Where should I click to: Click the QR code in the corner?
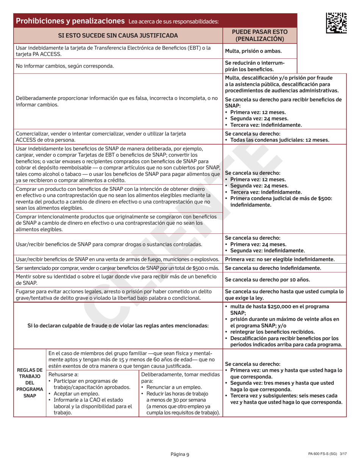coord(336,22)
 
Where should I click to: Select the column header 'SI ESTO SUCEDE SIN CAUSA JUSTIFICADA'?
coord(118,36)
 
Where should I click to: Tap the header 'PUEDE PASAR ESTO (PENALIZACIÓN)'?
coord(260,36)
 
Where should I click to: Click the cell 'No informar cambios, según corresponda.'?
coord(65,66)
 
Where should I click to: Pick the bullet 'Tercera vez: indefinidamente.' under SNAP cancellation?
coord(265,125)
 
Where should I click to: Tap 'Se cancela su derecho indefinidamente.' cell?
coord(273,268)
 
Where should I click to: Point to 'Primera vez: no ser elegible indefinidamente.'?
coord(280,260)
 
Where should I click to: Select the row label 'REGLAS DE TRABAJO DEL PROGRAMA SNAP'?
coord(30,383)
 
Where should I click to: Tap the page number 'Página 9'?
coord(180,454)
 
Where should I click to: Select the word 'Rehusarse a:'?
coord(64,374)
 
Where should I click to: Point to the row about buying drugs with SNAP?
coord(108,244)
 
